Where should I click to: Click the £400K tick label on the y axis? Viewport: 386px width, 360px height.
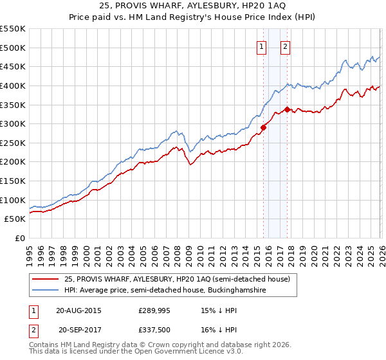(x=12, y=85)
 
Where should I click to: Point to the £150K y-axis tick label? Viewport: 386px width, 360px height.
(x=12, y=181)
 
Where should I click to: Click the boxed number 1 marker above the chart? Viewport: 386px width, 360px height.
(x=262, y=46)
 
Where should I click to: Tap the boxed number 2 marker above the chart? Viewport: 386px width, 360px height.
(x=284, y=46)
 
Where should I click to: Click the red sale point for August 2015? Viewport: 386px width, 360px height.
(x=263, y=127)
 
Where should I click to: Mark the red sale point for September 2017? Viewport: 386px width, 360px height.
(x=287, y=109)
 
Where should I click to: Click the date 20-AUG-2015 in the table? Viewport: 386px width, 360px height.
(x=78, y=310)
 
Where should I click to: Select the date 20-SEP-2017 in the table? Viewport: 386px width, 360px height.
(x=78, y=331)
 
